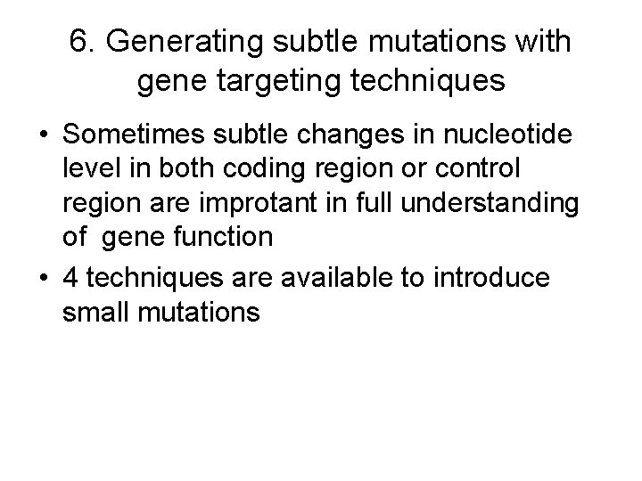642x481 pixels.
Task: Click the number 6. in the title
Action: (x=85, y=42)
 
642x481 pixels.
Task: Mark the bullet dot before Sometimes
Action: (x=43, y=138)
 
